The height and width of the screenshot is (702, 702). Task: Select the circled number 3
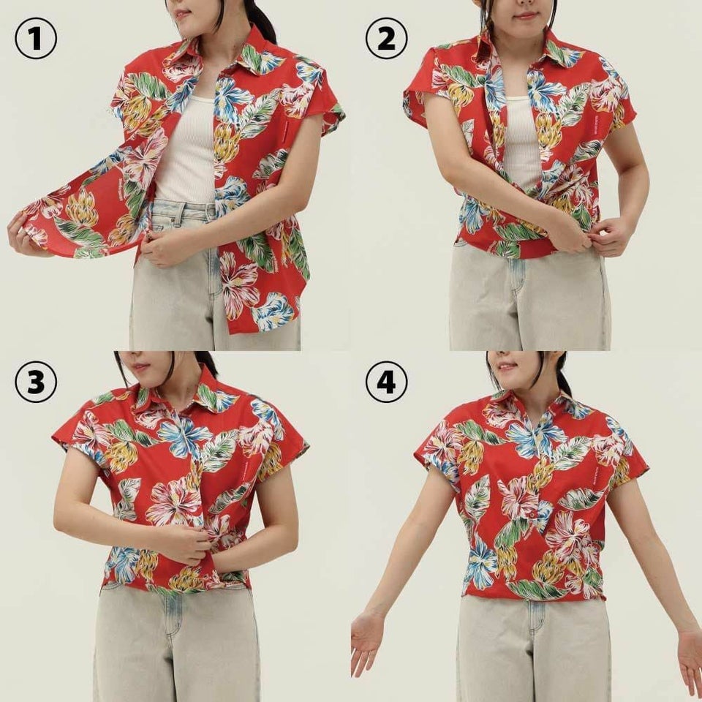(35, 382)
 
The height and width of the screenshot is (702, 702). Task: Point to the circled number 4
(386, 382)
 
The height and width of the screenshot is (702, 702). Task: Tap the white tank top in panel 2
(521, 139)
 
